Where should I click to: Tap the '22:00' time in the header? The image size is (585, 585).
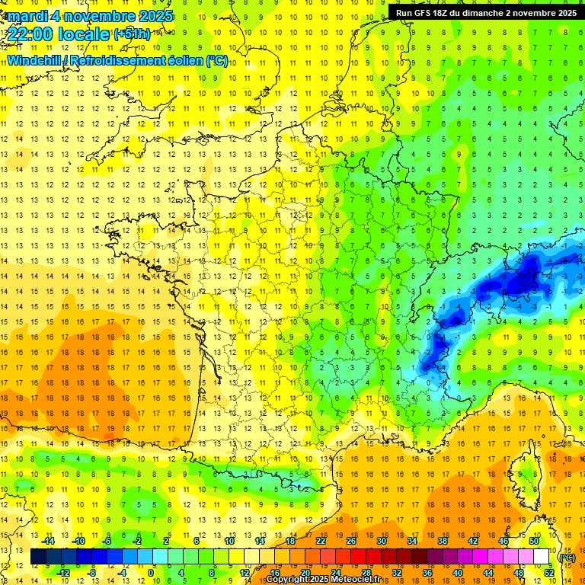click(x=28, y=34)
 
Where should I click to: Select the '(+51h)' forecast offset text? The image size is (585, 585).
click(x=132, y=34)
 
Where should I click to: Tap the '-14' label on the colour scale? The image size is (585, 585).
click(x=50, y=541)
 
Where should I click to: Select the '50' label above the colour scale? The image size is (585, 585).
click(x=533, y=541)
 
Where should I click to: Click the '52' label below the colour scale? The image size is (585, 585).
click(x=548, y=573)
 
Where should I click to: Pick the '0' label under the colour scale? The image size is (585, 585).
click(x=151, y=573)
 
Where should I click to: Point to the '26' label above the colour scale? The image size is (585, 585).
click(x=351, y=541)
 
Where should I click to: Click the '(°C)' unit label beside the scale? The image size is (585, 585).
click(x=567, y=558)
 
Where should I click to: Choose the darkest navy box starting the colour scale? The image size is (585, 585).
click(x=38, y=557)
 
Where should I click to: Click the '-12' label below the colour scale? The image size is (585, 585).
click(x=63, y=573)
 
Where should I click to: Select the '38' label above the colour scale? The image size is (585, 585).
click(x=443, y=541)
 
